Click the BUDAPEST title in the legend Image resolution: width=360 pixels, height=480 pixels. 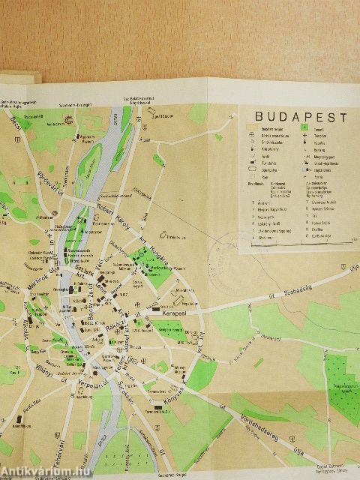pos(301,118)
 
